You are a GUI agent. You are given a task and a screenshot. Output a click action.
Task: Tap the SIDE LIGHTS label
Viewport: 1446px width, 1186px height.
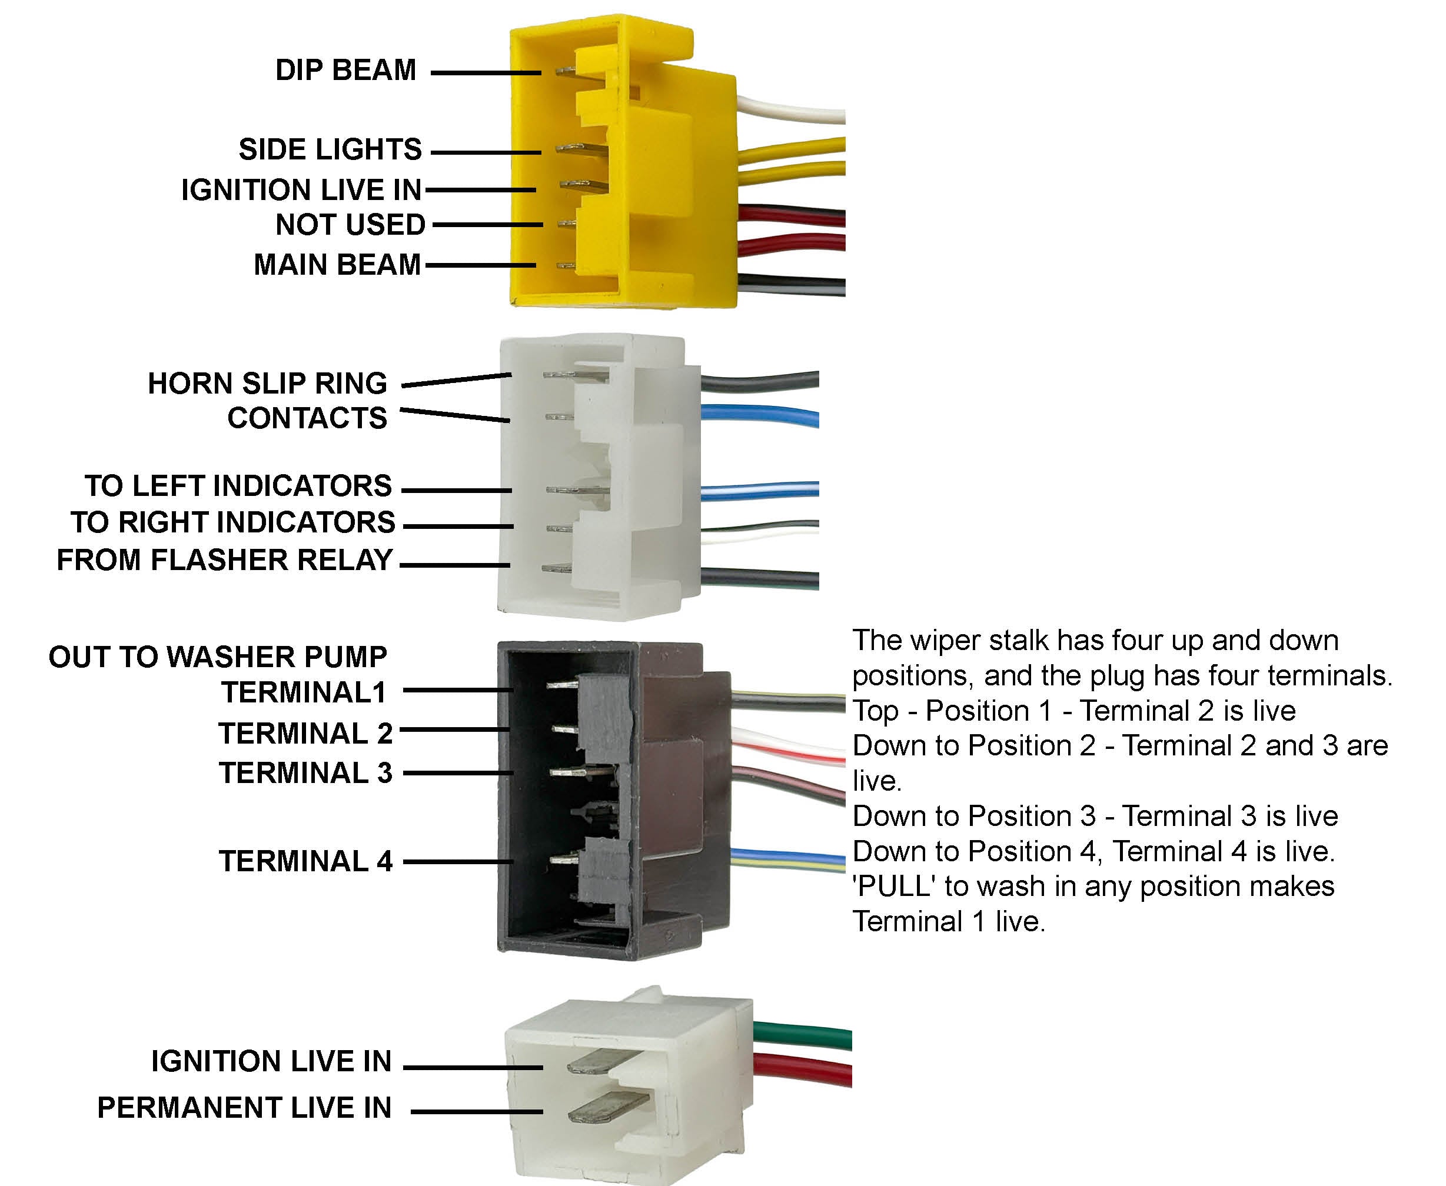(x=330, y=149)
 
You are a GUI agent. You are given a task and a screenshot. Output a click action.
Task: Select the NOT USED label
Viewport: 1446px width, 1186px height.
(x=350, y=225)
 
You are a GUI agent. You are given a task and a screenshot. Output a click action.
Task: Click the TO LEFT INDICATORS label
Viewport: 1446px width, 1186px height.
(x=238, y=486)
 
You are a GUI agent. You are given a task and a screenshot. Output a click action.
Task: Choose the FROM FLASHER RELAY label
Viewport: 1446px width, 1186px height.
(x=224, y=559)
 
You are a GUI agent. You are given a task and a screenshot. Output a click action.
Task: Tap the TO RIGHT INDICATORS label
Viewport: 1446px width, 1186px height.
(x=232, y=522)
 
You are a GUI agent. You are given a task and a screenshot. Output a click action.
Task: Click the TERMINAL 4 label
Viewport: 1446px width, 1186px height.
(x=305, y=861)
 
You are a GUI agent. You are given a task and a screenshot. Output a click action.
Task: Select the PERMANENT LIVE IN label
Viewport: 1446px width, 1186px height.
(x=244, y=1107)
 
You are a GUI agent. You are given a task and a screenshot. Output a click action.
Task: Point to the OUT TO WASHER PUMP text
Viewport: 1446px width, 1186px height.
(x=217, y=657)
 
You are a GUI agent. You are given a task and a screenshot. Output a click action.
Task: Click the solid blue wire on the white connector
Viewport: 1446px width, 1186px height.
(x=760, y=414)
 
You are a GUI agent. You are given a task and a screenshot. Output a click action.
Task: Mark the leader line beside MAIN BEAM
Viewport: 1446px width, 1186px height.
(x=480, y=265)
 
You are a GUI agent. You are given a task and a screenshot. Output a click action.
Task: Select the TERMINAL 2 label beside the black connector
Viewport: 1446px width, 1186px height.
(x=305, y=733)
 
